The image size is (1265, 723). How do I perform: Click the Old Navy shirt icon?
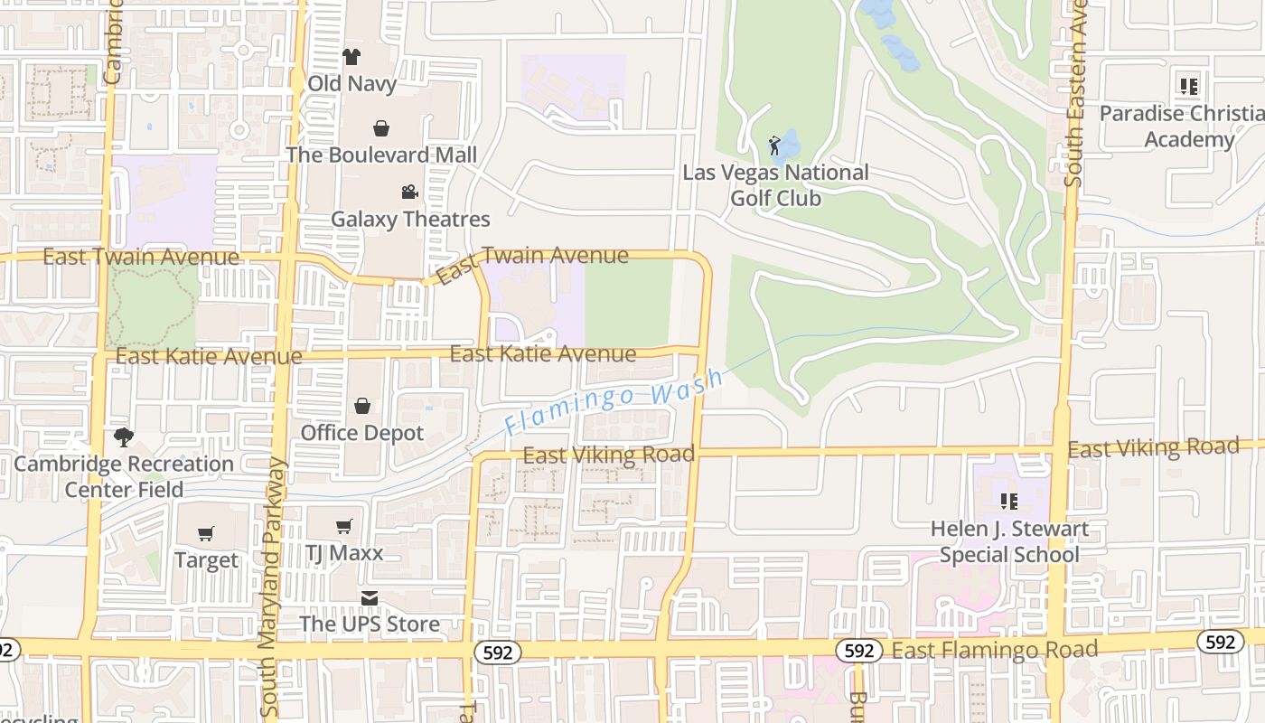351,57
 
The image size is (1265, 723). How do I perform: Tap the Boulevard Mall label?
381,155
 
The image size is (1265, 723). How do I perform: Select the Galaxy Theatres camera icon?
409,192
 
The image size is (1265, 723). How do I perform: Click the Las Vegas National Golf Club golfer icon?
774,146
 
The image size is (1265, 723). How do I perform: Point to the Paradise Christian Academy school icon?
1189,87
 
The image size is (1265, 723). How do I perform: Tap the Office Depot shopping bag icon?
362,406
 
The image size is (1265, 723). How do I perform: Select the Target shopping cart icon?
206,533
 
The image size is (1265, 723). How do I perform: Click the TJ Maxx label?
344,553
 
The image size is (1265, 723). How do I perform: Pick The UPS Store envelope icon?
370,598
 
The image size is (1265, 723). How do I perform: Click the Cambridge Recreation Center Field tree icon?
124,437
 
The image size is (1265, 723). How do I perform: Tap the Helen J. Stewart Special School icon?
1009,501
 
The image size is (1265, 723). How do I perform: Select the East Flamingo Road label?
994,649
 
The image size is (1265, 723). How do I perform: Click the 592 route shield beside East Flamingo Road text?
859,651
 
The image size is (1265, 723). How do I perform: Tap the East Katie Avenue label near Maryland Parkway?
209,357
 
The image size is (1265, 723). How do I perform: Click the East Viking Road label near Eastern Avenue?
1153,447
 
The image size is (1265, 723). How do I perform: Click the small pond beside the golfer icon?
790,143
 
